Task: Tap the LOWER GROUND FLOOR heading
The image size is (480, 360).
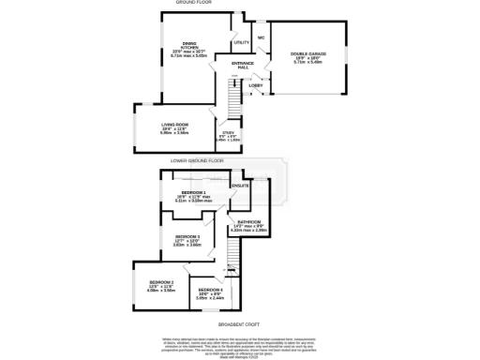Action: coord(197,160)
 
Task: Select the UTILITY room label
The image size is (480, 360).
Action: coord(241,43)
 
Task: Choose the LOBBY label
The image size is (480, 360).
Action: coord(255,85)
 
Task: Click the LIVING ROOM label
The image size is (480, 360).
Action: coord(176,124)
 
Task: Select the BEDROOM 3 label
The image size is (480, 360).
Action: coord(187,237)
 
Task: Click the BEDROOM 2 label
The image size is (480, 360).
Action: coord(162,283)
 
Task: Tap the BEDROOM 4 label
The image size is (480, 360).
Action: coord(209,291)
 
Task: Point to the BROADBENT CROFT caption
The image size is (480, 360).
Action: coord(238,324)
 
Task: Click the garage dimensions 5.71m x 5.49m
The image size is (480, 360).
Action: coord(307,64)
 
